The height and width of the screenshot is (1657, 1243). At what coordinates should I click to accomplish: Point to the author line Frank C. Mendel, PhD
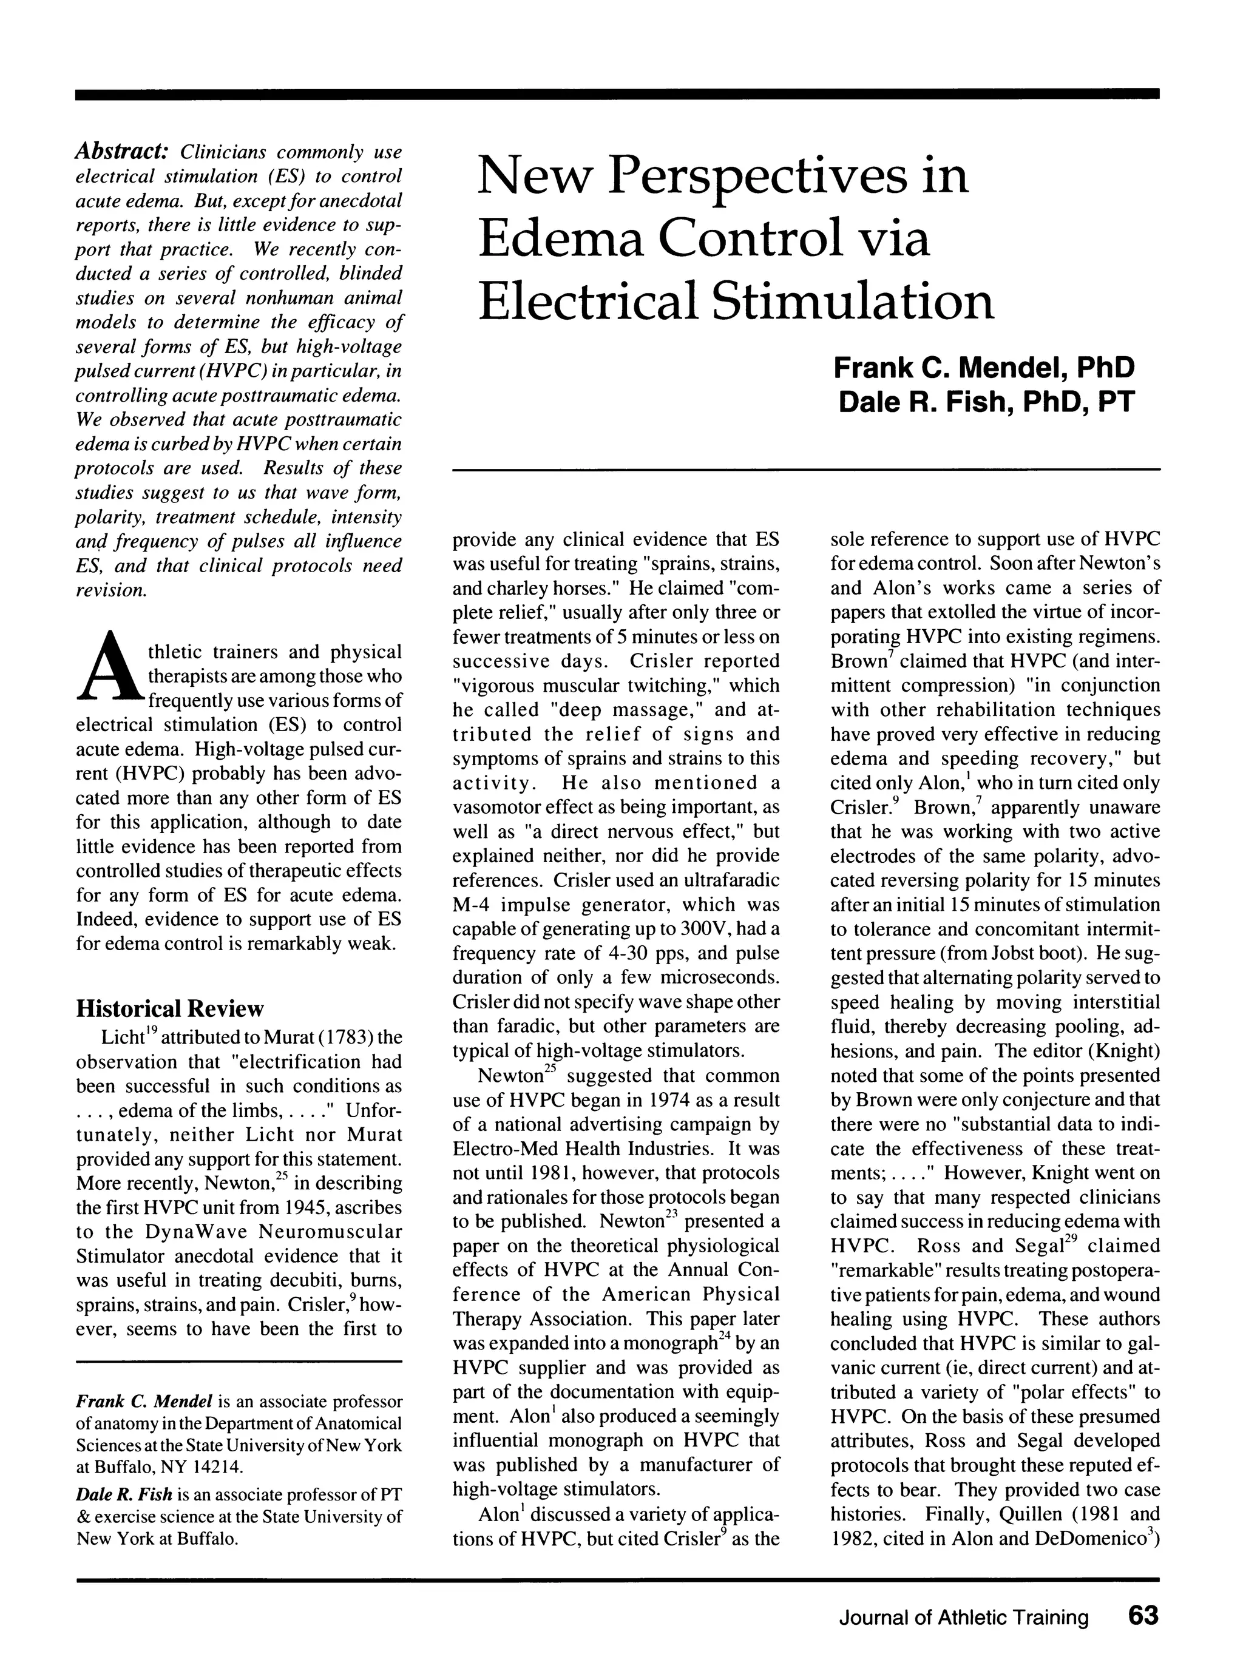click(984, 368)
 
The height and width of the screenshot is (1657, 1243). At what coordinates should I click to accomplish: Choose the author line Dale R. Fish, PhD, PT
click(986, 402)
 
